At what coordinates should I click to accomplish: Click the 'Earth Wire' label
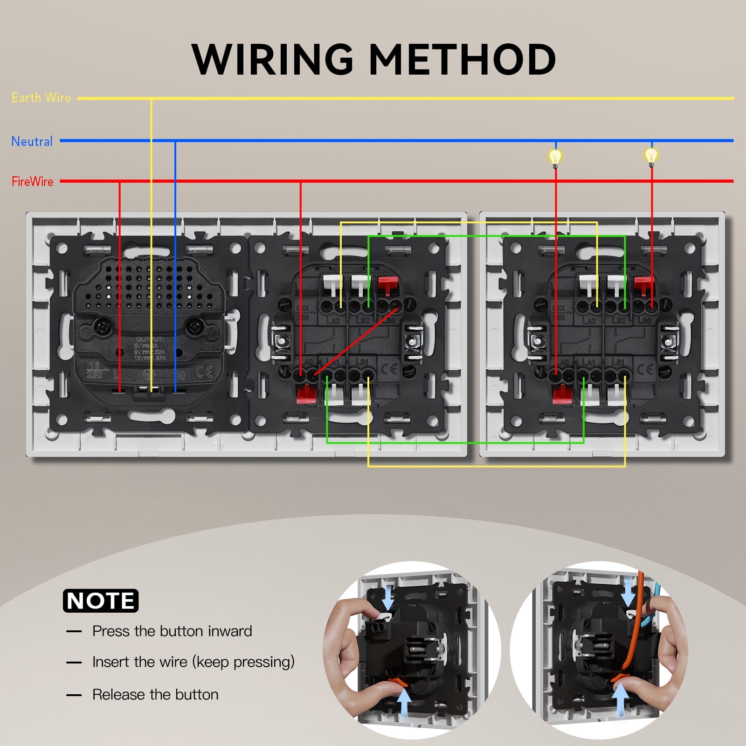(41, 98)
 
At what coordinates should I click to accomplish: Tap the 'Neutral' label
(32, 141)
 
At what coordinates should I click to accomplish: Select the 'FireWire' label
(32, 181)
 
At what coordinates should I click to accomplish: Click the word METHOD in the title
(462, 59)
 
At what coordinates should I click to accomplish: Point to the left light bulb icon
(555, 157)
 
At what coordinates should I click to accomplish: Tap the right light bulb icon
(651, 156)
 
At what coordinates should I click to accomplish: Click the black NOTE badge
(101, 601)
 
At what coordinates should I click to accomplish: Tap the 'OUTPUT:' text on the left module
(150, 339)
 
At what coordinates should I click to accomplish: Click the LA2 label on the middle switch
(333, 320)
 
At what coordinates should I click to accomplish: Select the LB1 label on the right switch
(617, 362)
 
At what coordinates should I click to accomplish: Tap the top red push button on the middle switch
(387, 284)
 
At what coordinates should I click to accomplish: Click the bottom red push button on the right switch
(562, 395)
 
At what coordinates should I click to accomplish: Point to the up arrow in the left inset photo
(404, 705)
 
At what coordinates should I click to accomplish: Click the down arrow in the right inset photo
(629, 594)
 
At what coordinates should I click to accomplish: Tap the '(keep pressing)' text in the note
(243, 662)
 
